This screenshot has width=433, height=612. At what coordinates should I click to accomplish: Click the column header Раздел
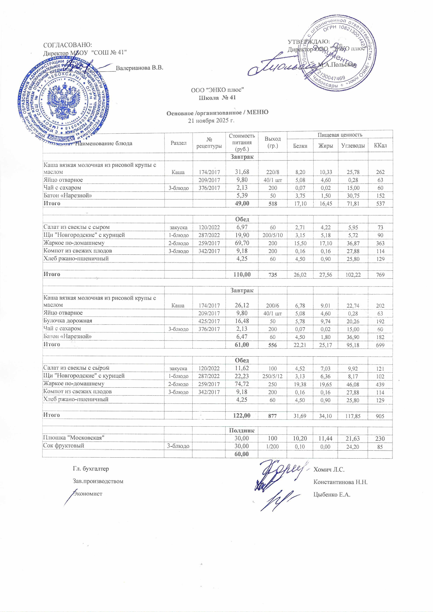tap(178, 143)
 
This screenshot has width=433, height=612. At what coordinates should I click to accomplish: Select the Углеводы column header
tap(353, 146)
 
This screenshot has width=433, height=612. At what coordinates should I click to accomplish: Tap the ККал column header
tap(380, 146)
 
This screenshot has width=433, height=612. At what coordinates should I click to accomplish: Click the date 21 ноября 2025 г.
tap(211, 120)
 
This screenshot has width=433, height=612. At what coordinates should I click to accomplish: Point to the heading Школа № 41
tap(217, 98)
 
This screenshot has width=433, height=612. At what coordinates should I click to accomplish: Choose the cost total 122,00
tap(242, 415)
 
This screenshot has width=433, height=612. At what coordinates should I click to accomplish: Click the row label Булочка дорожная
tap(68, 321)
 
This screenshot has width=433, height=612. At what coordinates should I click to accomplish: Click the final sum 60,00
tap(242, 454)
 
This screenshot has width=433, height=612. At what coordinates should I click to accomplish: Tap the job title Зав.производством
tap(98, 481)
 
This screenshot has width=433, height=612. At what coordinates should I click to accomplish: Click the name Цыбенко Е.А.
tap(332, 495)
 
